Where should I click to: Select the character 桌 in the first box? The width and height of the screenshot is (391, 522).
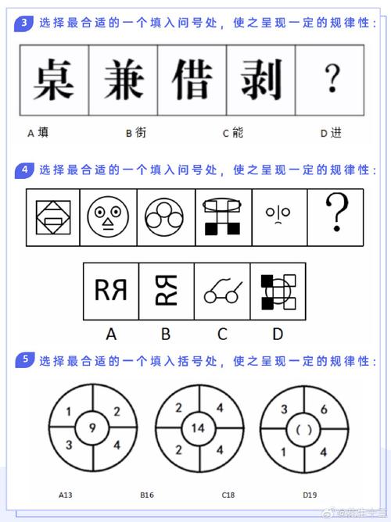pyautogui.click(x=54, y=79)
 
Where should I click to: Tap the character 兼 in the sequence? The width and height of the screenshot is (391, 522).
pyautogui.click(x=123, y=79)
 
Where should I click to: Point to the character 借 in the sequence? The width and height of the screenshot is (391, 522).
pyautogui.click(x=192, y=79)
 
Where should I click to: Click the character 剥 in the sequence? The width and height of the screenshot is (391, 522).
pyautogui.click(x=260, y=79)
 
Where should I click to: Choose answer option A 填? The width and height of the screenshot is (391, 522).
pyautogui.click(x=38, y=133)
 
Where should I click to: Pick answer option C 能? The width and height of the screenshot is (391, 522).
pyautogui.click(x=232, y=133)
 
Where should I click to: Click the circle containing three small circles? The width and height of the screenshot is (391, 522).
pyautogui.click(x=165, y=216)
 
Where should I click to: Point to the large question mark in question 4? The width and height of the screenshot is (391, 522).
pyautogui.click(x=336, y=213)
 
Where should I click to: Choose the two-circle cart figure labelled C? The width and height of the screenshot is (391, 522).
pyautogui.click(x=221, y=291)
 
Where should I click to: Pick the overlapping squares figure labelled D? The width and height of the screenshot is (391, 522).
pyautogui.click(x=278, y=291)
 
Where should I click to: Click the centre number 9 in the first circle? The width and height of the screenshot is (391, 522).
pyautogui.click(x=93, y=427)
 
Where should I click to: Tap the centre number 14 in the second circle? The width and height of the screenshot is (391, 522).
pyautogui.click(x=198, y=427)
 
